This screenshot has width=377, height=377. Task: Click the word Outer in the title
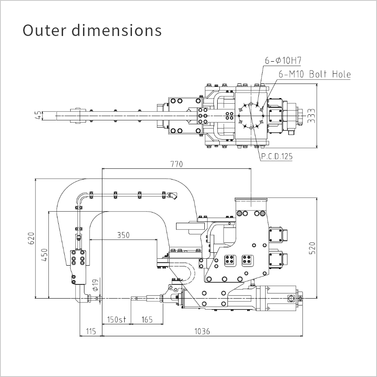click(x=44, y=30)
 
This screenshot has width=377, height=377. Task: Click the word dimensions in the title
click(x=117, y=30)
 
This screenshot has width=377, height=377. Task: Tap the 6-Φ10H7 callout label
click(x=283, y=60)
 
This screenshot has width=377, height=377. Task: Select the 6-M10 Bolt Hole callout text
click(x=314, y=74)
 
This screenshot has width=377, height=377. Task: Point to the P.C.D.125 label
click(x=277, y=156)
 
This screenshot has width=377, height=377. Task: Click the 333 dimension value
click(x=311, y=116)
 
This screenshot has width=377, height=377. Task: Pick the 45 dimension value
click(x=38, y=116)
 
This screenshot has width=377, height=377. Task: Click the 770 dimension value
click(x=177, y=164)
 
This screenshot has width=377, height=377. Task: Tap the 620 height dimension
click(x=32, y=238)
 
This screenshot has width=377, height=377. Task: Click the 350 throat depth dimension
click(x=123, y=235)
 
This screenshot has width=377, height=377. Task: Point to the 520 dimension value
click(x=312, y=248)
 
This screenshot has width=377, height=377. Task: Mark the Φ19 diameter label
click(x=96, y=285)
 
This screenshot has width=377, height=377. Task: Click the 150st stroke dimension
click(x=117, y=320)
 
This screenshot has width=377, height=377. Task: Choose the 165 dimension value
click(x=147, y=320)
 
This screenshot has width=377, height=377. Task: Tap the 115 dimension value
click(x=91, y=331)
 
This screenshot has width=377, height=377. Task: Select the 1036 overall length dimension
click(x=202, y=331)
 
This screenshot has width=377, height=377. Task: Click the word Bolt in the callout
click(x=318, y=74)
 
